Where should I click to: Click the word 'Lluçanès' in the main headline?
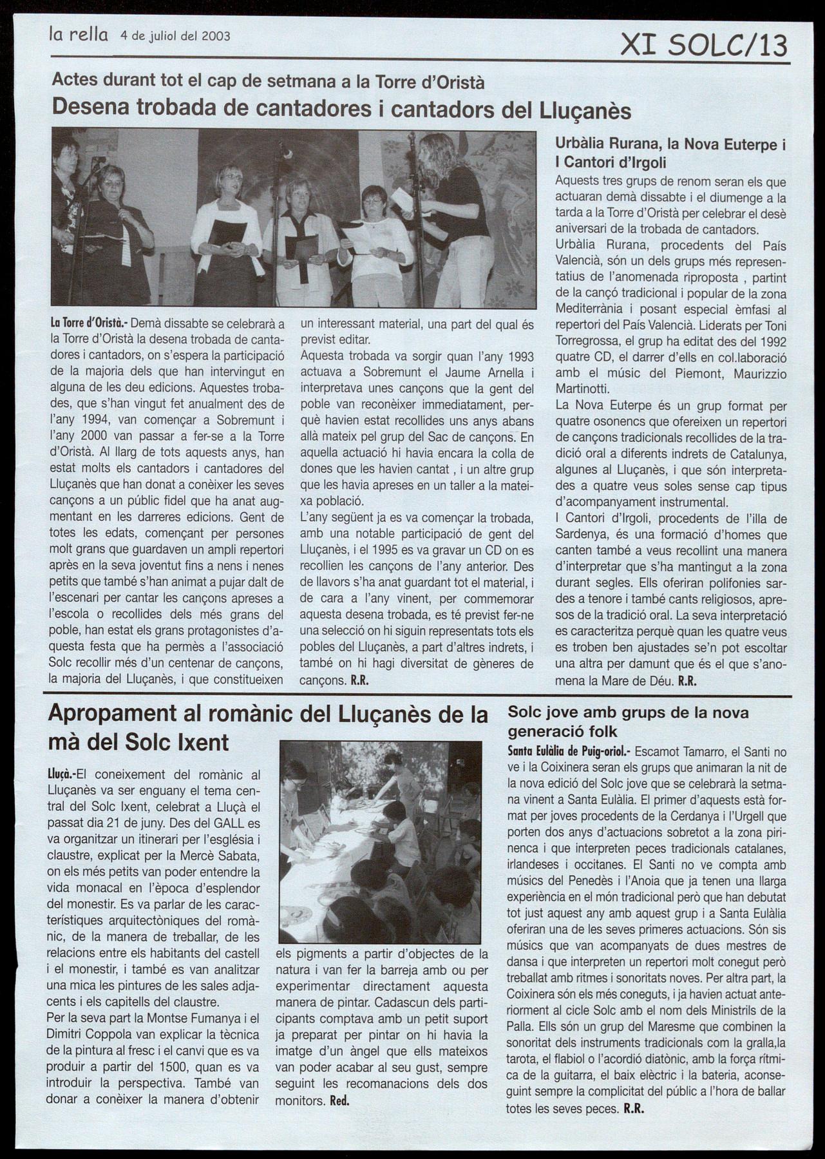pos(583,110)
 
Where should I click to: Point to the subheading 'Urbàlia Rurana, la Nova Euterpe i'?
pos(670,145)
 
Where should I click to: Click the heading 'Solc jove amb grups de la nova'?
pos(628,713)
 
